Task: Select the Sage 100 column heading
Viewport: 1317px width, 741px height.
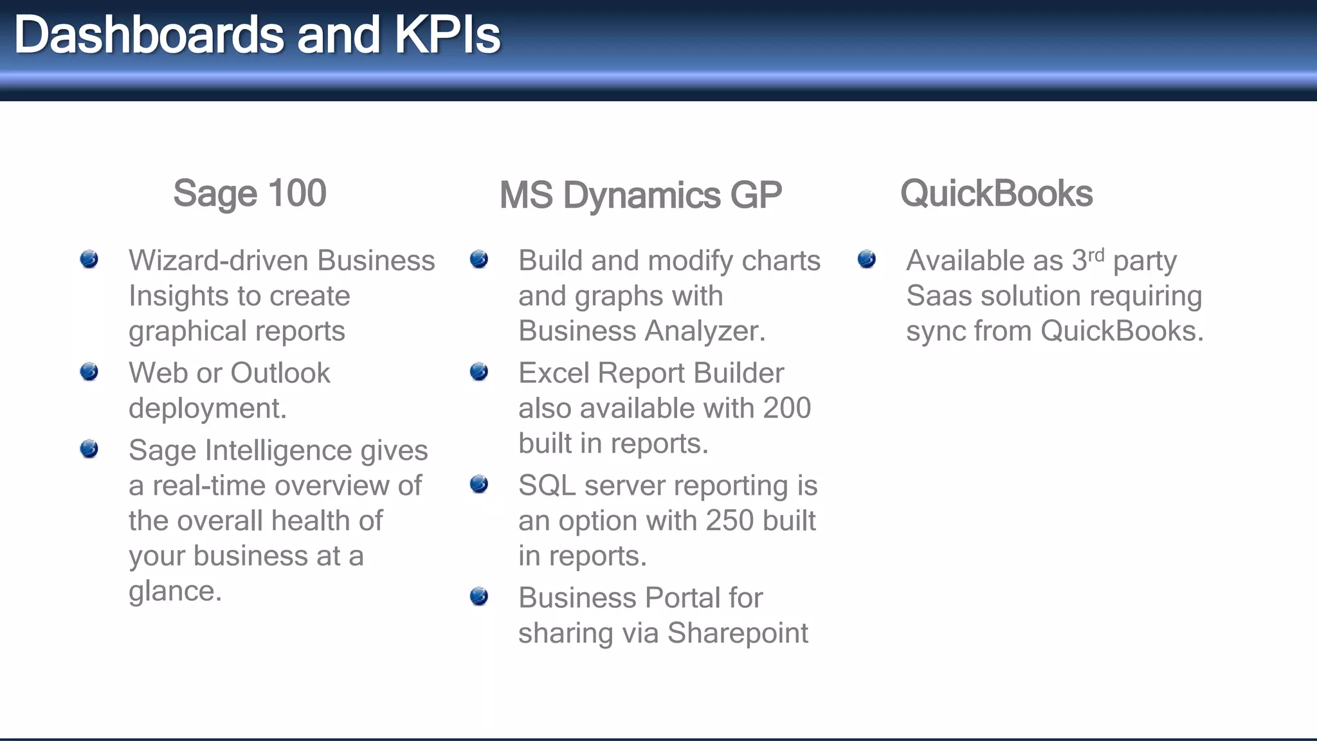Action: [x=250, y=193]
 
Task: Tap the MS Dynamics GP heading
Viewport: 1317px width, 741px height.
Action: [x=640, y=195]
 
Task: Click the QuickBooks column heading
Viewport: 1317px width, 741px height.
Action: [x=996, y=193]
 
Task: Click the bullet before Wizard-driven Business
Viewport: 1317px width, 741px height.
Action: [x=89, y=259]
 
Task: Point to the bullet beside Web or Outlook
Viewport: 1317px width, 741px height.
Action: [x=89, y=371]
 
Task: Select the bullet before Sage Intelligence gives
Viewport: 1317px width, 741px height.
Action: [x=89, y=448]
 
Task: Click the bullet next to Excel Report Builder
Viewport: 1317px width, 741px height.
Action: [x=479, y=371]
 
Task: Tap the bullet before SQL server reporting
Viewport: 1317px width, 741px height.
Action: [x=479, y=484]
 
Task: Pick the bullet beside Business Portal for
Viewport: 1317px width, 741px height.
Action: [x=479, y=596]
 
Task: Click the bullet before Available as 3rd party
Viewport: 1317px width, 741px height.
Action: [x=867, y=259]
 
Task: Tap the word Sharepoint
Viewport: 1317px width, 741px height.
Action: [x=738, y=633]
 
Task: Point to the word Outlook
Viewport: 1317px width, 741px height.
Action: [x=280, y=373]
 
